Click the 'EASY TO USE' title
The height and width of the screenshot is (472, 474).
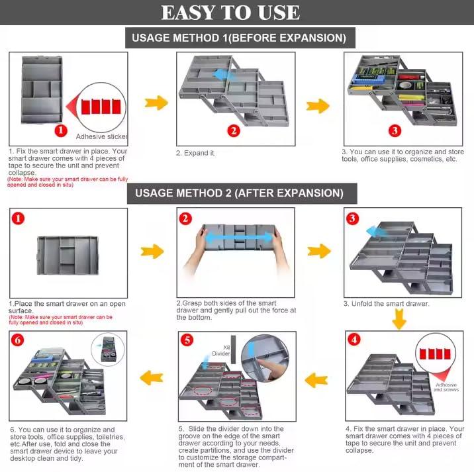230,13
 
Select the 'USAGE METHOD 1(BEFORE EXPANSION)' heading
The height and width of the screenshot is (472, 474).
240,38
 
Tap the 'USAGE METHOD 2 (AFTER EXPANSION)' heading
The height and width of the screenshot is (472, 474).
239,193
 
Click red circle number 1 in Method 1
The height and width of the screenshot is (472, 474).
60,130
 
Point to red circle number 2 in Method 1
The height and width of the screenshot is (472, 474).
233,130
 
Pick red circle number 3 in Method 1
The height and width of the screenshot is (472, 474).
395,130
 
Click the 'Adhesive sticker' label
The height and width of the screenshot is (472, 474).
101,136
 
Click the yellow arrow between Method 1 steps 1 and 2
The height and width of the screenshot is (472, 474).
156,103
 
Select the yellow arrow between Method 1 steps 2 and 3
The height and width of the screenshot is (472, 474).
318,105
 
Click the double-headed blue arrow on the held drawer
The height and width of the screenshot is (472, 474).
235,237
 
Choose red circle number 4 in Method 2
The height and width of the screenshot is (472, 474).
355,340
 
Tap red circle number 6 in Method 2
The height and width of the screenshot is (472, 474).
19,340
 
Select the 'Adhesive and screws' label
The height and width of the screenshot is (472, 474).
446,387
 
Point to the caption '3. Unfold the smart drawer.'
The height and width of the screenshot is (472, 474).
386,304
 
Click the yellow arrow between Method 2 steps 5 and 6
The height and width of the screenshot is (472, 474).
154,378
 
